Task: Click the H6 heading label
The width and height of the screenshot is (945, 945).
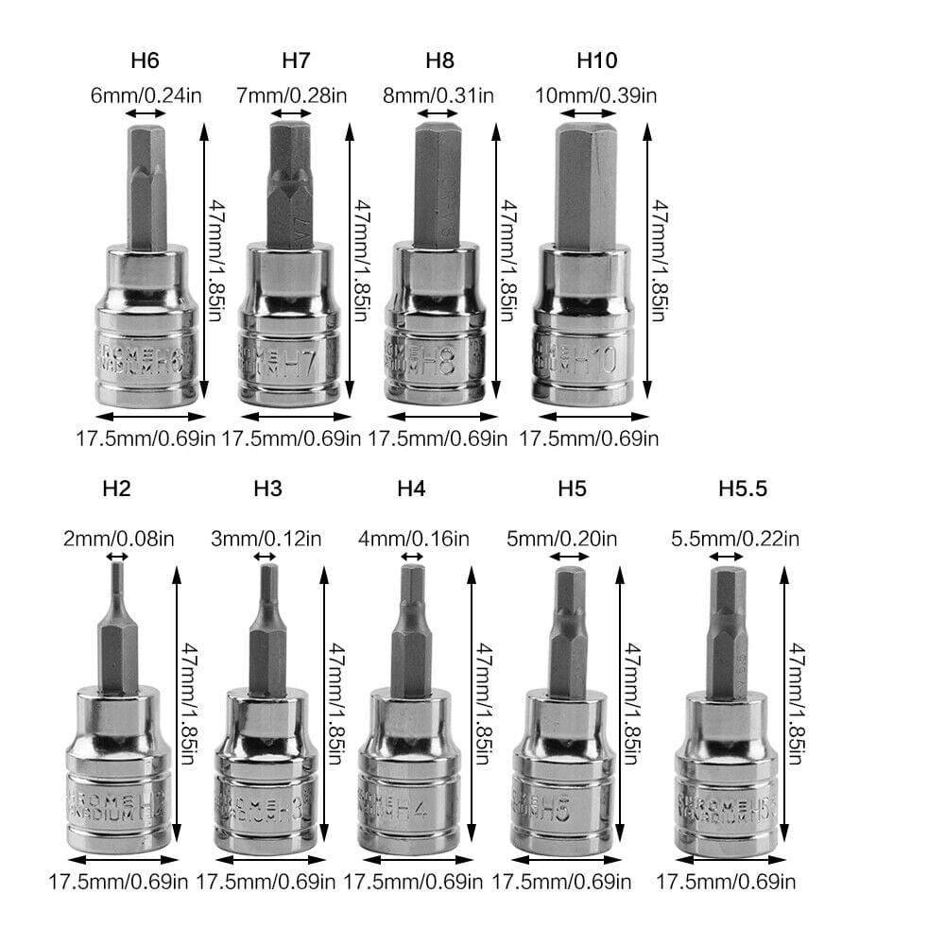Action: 145,61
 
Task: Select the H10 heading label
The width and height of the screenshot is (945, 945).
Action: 596,61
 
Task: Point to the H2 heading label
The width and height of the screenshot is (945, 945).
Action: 115,489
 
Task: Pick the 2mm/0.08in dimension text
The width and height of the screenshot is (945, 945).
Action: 118,540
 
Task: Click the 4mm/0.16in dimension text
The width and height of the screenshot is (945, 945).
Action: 412,540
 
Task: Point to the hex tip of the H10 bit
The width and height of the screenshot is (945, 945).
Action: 586,184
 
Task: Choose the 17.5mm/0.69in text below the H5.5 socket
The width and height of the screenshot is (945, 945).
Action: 726,883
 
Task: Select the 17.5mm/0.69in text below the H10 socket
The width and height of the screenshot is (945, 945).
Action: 590,438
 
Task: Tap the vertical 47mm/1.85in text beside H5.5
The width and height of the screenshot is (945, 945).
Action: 798,704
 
